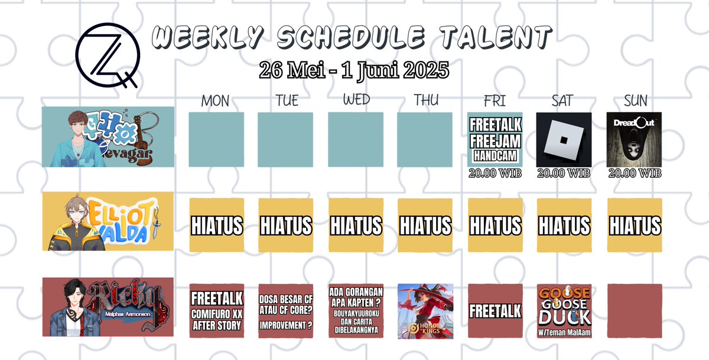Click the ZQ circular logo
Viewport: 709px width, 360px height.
(x=107, y=54)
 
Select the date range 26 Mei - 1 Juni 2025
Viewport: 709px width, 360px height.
(x=354, y=70)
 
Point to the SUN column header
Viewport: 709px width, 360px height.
(x=635, y=100)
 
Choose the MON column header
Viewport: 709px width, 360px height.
(x=215, y=101)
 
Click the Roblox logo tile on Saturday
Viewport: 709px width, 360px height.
(x=564, y=140)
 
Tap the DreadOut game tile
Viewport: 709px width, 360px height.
(x=635, y=140)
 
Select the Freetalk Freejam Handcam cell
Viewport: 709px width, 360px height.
(x=495, y=140)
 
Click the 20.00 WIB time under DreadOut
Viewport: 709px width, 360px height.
(x=635, y=173)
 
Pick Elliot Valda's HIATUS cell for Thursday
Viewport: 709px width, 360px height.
(x=425, y=225)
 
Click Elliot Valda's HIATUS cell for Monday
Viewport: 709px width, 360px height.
(x=216, y=225)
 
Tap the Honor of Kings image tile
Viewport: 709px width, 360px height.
(x=425, y=311)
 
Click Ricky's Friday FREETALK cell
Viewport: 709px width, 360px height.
(x=495, y=311)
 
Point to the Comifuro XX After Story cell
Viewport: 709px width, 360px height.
(x=216, y=311)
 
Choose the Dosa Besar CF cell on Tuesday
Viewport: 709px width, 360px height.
(x=286, y=311)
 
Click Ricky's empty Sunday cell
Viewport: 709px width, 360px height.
(x=635, y=311)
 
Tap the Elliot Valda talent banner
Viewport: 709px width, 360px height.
(x=108, y=221)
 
